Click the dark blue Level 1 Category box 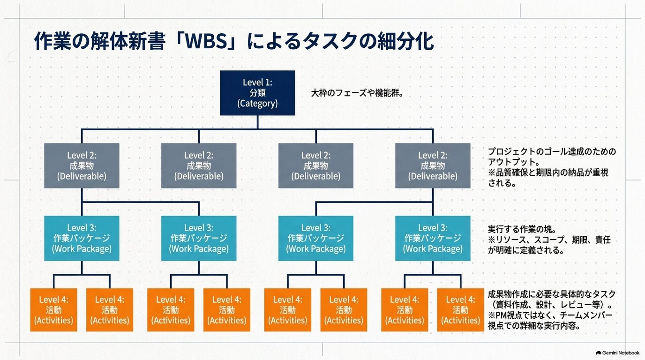tap(257, 93)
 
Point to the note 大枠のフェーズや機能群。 tap(357, 93)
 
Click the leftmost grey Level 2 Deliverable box tap(82, 166)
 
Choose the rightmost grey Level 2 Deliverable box tap(433, 166)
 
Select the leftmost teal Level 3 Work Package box tap(82, 238)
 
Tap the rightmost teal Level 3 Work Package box tap(433, 238)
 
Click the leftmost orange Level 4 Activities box tap(53, 310)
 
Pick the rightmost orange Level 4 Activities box tap(461, 310)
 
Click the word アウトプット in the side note tap(511, 162)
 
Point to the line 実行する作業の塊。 tap(522, 229)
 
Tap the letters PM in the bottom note tap(501, 315)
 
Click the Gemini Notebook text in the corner tap(621, 353)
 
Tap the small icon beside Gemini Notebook tap(598, 353)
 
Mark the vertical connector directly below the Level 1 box tap(257, 122)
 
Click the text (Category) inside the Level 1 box tap(257, 103)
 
